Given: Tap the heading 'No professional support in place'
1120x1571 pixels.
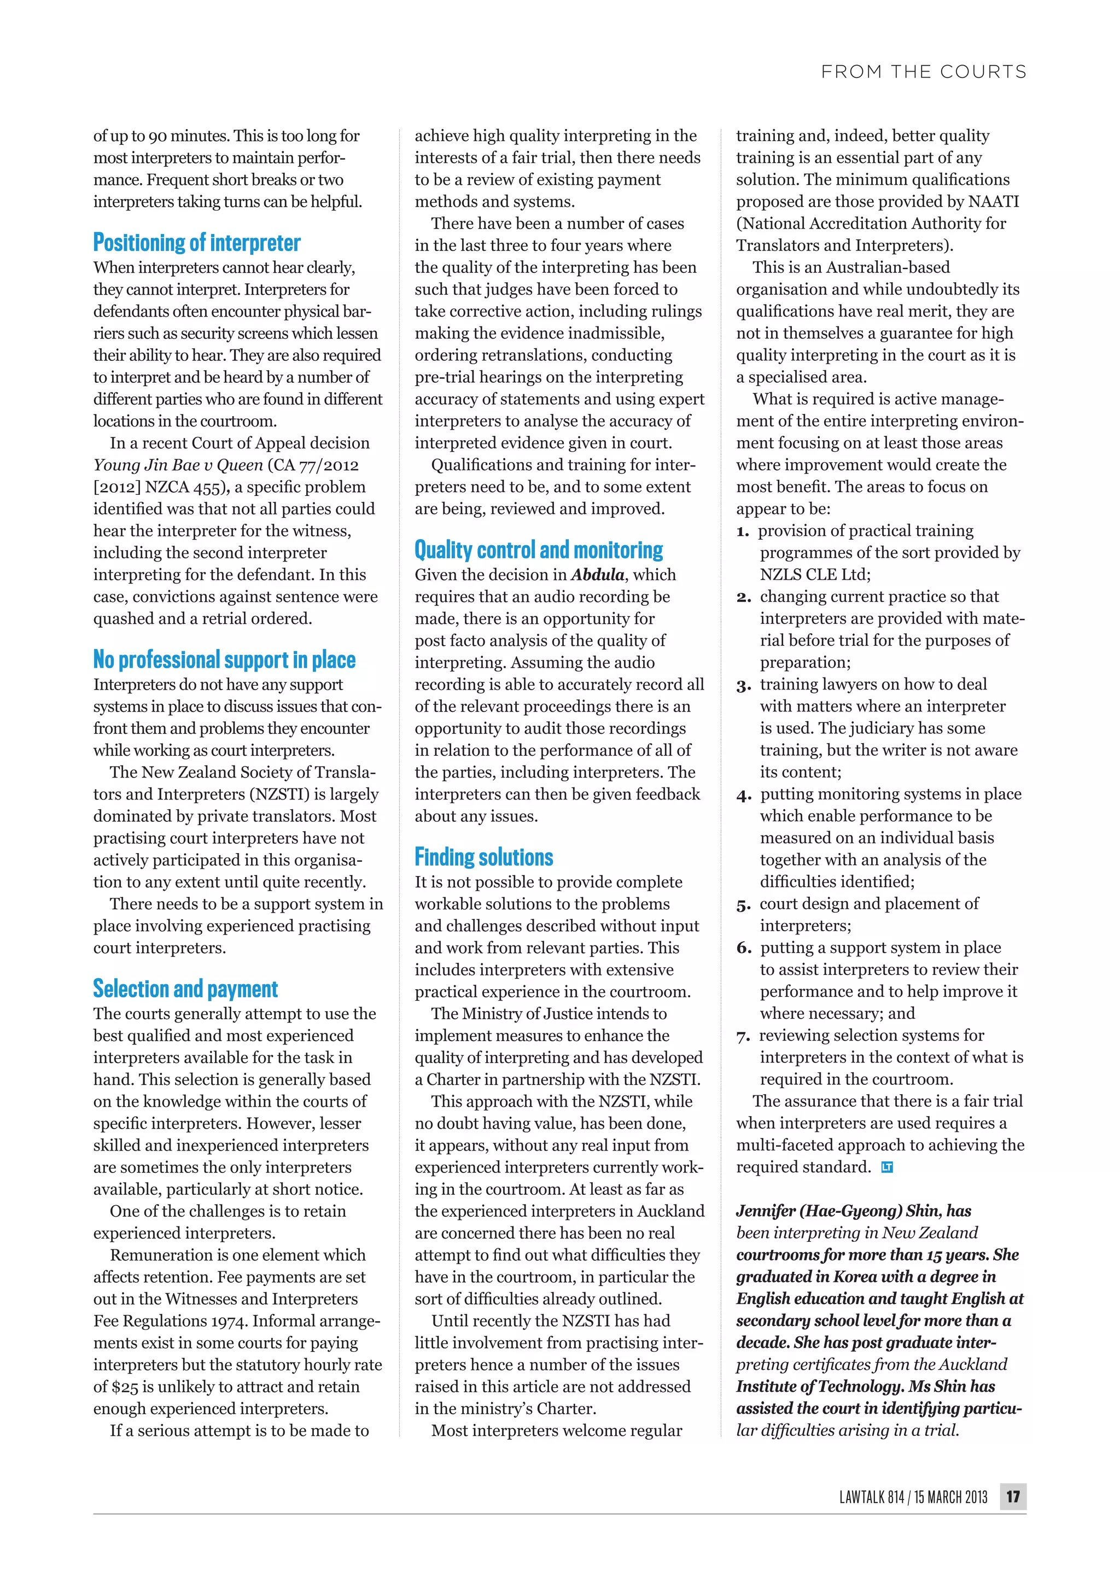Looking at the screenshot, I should (224, 660).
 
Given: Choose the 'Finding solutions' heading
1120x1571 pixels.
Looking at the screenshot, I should (483, 857).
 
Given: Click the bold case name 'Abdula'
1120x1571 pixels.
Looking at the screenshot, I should (597, 575).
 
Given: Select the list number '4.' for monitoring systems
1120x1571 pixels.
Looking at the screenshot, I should (743, 795).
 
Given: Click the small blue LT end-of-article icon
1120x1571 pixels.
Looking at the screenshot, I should (887, 1167).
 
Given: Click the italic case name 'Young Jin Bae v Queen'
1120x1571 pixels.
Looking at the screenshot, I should (178, 465).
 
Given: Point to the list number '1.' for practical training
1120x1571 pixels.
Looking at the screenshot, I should (743, 532).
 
